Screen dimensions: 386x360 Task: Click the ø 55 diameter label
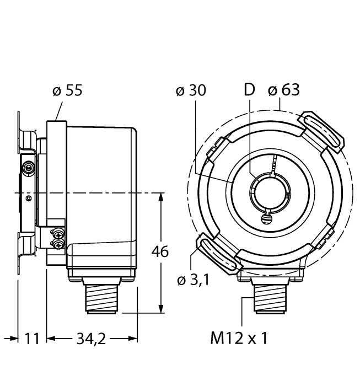coord(67,90)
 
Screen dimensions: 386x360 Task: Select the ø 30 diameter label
coord(190,90)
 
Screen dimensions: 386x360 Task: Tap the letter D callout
coord(250,90)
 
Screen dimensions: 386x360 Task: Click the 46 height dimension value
coord(160,251)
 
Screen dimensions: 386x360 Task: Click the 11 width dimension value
coord(33,338)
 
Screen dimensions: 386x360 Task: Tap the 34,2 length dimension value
coord(91,338)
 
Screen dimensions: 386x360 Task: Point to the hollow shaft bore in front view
coord(268,191)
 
